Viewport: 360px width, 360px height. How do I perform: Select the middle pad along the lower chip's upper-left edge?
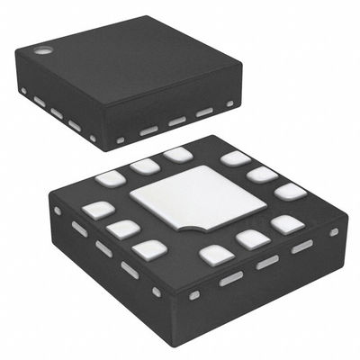pyautogui.click(x=143, y=166)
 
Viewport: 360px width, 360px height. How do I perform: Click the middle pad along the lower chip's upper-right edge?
pyautogui.click(x=262, y=174)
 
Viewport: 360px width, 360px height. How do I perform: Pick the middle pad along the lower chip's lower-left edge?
pyautogui.click(x=122, y=229)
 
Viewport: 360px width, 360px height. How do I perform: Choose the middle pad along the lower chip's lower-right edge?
pyautogui.click(x=251, y=238)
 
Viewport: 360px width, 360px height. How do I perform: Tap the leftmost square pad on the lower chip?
pyautogui.click(x=94, y=211)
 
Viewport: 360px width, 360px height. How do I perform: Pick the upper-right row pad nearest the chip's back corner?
pyautogui.click(x=234, y=159)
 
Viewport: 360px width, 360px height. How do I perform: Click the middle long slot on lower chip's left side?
pyautogui.click(x=104, y=248)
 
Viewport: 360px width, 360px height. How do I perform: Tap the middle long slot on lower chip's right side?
pyautogui.click(x=267, y=262)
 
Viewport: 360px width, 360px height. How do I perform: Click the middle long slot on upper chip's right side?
pyautogui.click(x=177, y=121)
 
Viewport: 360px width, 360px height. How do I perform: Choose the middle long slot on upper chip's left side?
pyautogui.click(x=57, y=113)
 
